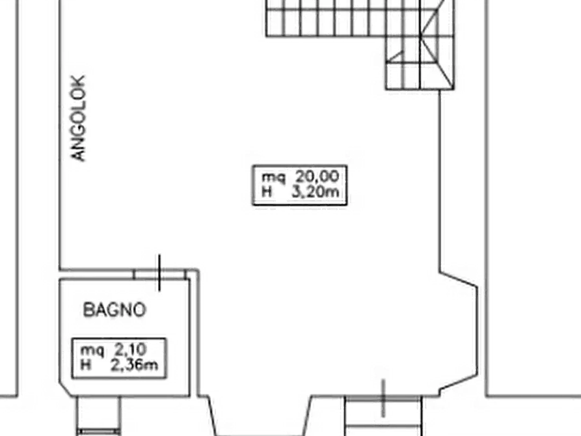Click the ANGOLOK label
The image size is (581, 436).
click(x=79, y=118)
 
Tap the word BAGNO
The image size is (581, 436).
click(x=114, y=310)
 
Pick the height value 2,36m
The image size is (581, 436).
click(x=134, y=365)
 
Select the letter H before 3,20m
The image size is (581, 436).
click(x=266, y=192)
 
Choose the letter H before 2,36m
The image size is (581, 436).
click(x=85, y=365)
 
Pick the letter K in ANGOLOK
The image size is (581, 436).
click(x=79, y=83)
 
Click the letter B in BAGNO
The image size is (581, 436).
click(x=88, y=310)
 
